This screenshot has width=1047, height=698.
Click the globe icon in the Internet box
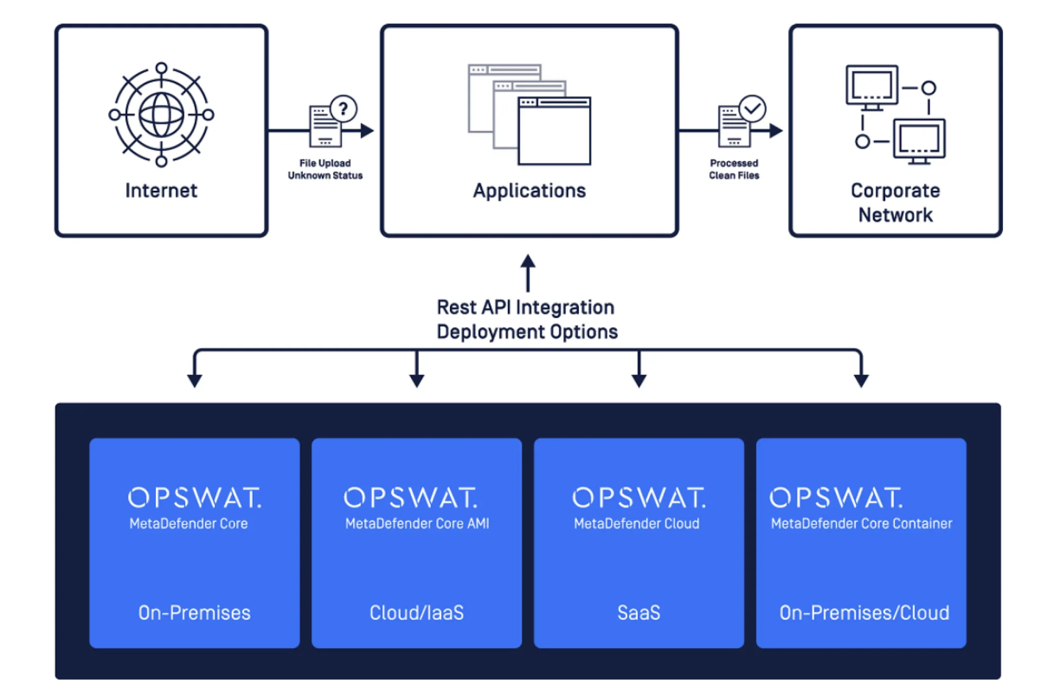pos(161,115)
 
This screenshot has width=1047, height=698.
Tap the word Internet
pos(161,191)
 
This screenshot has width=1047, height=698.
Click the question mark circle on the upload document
pos(343,109)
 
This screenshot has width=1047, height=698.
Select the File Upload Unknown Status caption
pos(325,169)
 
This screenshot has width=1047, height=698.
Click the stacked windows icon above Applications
pos(529,114)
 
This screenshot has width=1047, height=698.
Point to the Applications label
pos(529,191)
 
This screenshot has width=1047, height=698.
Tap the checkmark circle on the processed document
pos(752,109)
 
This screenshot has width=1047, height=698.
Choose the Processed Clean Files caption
pos(734,169)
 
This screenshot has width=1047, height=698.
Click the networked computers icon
pos(895,114)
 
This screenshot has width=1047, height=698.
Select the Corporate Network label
pos(895,202)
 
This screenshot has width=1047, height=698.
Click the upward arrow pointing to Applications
pos(528,272)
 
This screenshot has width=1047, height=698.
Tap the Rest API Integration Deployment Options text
pos(527,319)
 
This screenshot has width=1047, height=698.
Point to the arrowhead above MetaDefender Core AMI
pos(417,380)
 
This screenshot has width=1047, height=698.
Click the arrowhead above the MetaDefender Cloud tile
pos(639,380)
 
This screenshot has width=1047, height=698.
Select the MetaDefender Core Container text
pos(861,523)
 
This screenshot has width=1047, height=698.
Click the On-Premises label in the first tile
pos(194,613)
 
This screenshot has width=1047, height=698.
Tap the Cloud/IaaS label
pos(417,613)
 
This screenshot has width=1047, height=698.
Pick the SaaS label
pos(639,613)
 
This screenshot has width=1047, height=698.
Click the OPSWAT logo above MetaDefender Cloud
pos(639,498)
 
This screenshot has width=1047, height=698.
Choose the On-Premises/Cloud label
pos(864,613)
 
